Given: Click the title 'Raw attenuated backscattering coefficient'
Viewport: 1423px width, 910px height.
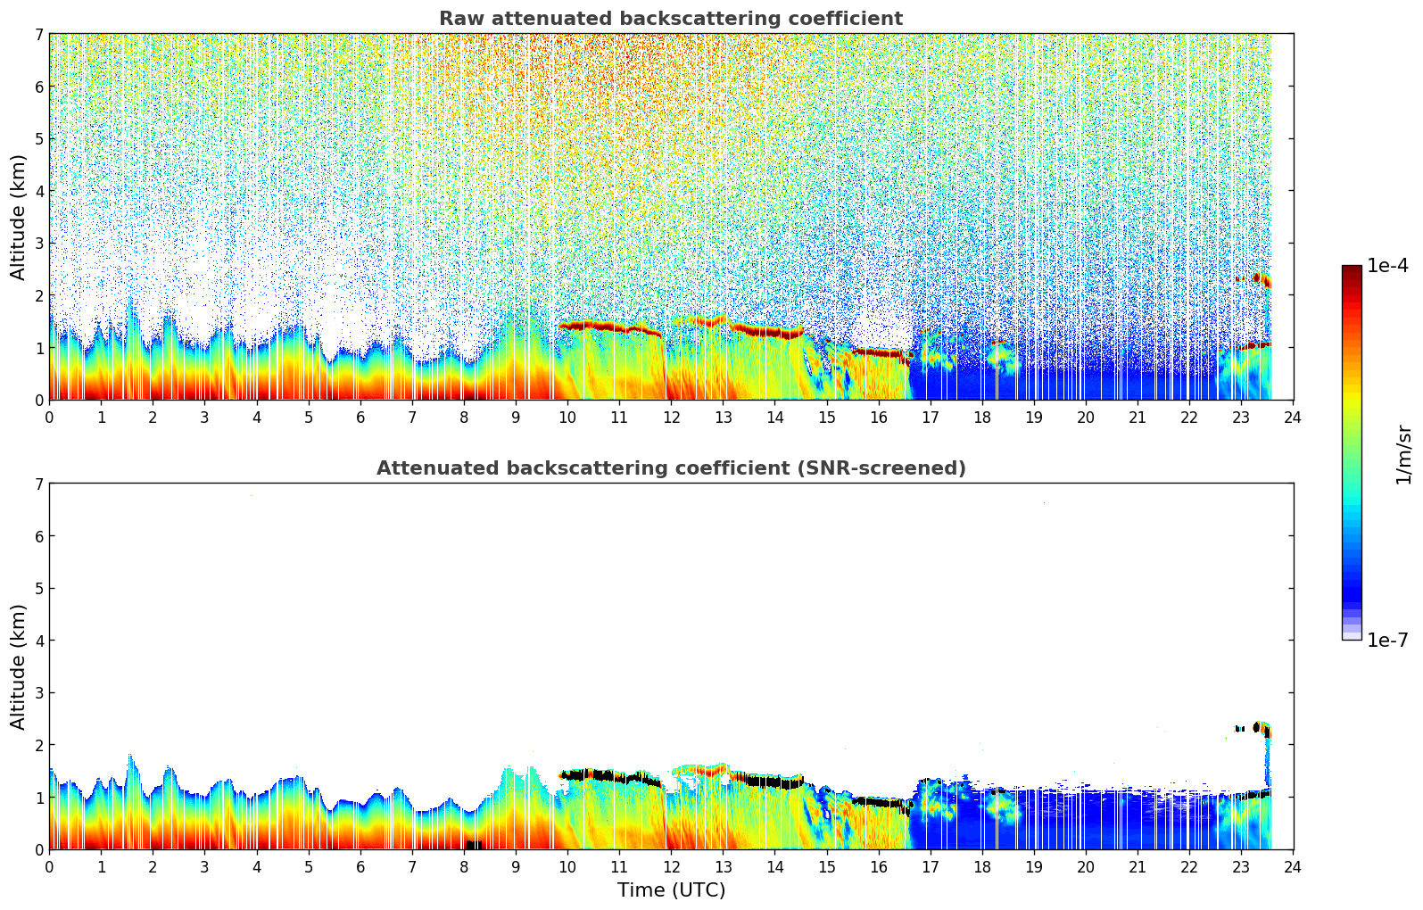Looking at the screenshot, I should [670, 19].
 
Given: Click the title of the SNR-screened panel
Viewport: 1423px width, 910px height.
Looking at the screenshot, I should [670, 468].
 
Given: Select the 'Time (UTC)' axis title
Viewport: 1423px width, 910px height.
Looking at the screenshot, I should [671, 890].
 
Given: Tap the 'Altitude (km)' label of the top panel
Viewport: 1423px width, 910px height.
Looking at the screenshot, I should [19, 217].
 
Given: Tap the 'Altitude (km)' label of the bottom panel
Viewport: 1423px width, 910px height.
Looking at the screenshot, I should [19, 666].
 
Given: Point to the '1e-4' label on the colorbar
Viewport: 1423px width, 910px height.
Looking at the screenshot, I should [1387, 266].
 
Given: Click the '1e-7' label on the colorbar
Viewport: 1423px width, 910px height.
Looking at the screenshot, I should [1387, 641].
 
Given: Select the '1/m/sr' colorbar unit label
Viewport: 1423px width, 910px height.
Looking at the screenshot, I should [1403, 454].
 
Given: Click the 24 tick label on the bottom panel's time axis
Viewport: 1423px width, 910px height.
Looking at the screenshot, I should [1293, 867].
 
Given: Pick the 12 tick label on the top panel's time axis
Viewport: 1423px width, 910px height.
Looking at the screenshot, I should [671, 418].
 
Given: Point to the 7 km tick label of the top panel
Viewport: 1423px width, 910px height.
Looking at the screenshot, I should [38, 34].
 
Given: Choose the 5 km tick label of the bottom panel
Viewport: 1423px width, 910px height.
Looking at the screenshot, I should [38, 589].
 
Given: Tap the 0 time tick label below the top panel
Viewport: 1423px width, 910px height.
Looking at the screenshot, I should [49, 418].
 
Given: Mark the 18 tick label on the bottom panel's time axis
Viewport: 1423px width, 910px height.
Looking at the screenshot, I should [982, 867].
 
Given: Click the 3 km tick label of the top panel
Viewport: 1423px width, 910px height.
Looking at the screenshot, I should [38, 244].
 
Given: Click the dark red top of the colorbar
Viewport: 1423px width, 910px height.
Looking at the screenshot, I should [1351, 269].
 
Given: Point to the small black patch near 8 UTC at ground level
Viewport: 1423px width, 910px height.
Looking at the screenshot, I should [474, 844].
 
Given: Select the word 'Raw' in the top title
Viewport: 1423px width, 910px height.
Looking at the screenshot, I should [458, 19].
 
